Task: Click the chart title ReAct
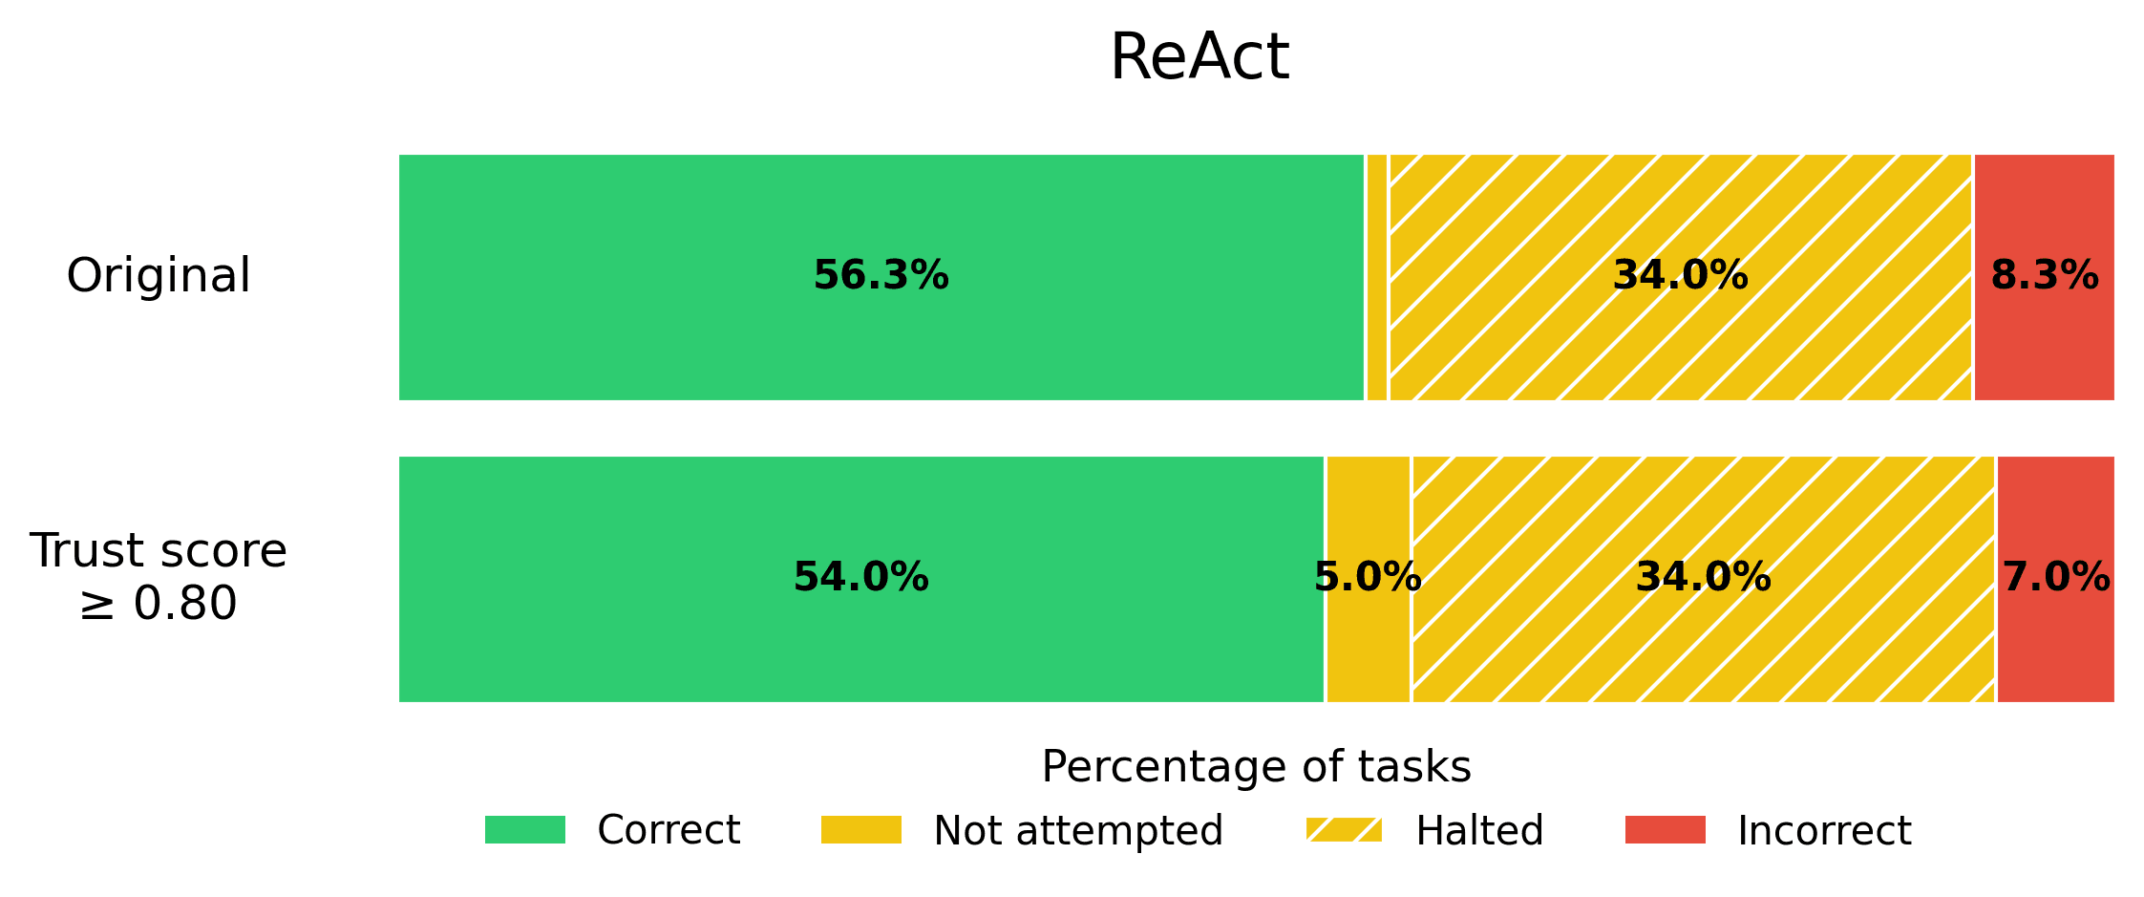click(x=1199, y=58)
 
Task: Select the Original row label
click(x=159, y=276)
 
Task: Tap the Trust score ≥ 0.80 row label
click(x=159, y=577)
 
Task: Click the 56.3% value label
click(x=881, y=276)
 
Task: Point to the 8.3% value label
click(x=2044, y=276)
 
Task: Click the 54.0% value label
click(x=860, y=578)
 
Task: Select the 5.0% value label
click(x=1368, y=578)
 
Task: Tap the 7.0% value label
click(x=2055, y=578)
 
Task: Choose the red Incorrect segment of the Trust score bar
click(x=2055, y=650)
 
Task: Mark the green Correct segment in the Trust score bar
click(x=669, y=650)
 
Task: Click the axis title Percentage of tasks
click(x=1256, y=767)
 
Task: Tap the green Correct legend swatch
click(x=524, y=830)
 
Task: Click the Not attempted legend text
click(x=1077, y=831)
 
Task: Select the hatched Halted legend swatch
click(x=1344, y=830)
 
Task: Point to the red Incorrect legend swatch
click(x=1665, y=830)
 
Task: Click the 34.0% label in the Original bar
click(x=1680, y=276)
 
